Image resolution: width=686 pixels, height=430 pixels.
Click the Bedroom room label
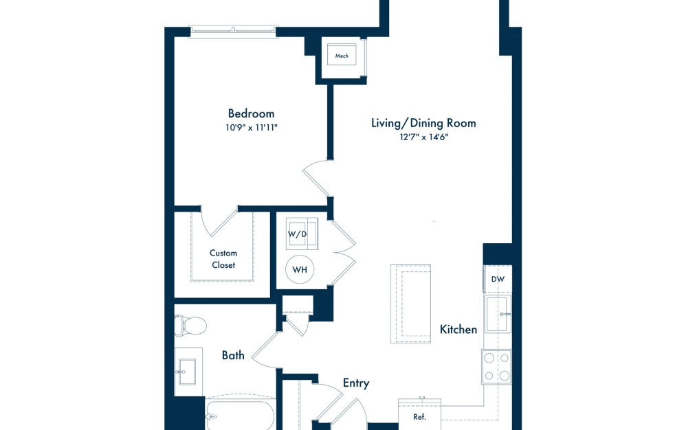(x=251, y=113)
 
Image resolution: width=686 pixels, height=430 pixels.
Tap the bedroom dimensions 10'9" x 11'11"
(x=251, y=128)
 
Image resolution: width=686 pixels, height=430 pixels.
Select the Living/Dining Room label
(x=423, y=123)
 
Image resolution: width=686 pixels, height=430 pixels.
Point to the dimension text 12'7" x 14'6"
(x=423, y=137)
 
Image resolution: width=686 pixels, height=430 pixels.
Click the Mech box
(x=342, y=56)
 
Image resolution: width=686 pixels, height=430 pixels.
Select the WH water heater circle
(x=300, y=269)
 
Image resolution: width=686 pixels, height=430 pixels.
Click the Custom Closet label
(x=223, y=259)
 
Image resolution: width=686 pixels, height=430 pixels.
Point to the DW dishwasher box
(x=498, y=279)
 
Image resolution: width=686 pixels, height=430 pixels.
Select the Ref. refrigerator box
(x=419, y=415)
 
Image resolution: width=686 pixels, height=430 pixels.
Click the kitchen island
(x=410, y=304)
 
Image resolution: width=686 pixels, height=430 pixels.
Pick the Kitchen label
(x=458, y=330)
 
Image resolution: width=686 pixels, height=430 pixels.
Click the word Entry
(x=356, y=383)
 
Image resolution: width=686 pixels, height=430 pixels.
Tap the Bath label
(x=233, y=355)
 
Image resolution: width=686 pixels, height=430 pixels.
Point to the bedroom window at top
(x=233, y=30)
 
